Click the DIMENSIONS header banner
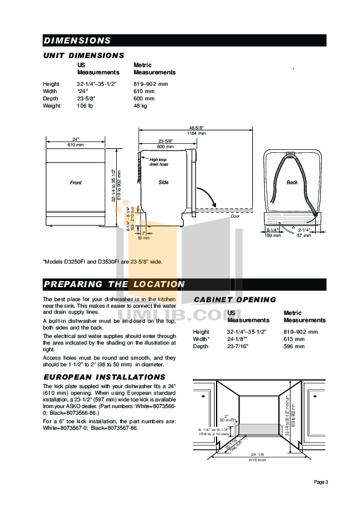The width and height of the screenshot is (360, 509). [x=77, y=41]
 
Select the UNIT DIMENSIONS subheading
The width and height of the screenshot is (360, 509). [x=83, y=55]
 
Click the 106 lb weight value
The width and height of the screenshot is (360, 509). [x=85, y=106]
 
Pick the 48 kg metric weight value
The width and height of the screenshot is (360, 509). [x=140, y=106]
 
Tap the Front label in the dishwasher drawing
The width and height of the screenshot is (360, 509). [x=76, y=182]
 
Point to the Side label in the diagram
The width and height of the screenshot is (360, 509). [x=163, y=182]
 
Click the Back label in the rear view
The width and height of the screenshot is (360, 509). [x=292, y=182]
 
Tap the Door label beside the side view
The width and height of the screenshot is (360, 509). [x=235, y=215]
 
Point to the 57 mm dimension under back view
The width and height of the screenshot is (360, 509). [x=307, y=235]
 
